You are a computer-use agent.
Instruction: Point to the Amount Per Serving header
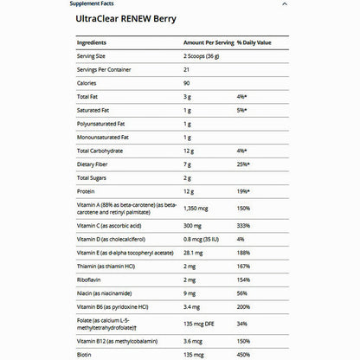[x=206, y=42]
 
